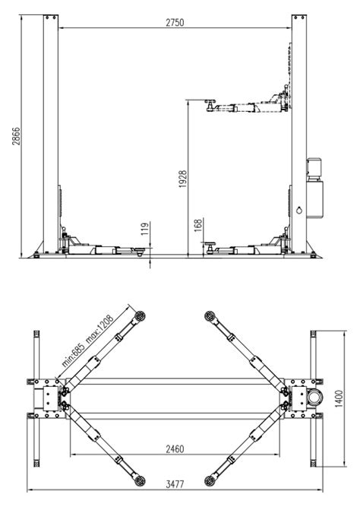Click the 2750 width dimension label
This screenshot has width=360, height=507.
coord(175,23)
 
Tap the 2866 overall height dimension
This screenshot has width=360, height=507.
coord(16,136)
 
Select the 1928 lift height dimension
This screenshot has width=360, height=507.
coord(183,179)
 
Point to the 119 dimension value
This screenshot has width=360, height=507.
coord(145,229)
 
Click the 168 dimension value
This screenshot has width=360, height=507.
coord(198,225)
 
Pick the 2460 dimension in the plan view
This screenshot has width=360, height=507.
coord(175,449)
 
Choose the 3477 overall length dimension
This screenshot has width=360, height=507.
coord(175,484)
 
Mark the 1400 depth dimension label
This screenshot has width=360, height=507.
coord(339,398)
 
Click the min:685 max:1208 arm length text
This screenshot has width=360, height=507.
coord(87,341)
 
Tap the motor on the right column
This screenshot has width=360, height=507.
coord(314,169)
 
